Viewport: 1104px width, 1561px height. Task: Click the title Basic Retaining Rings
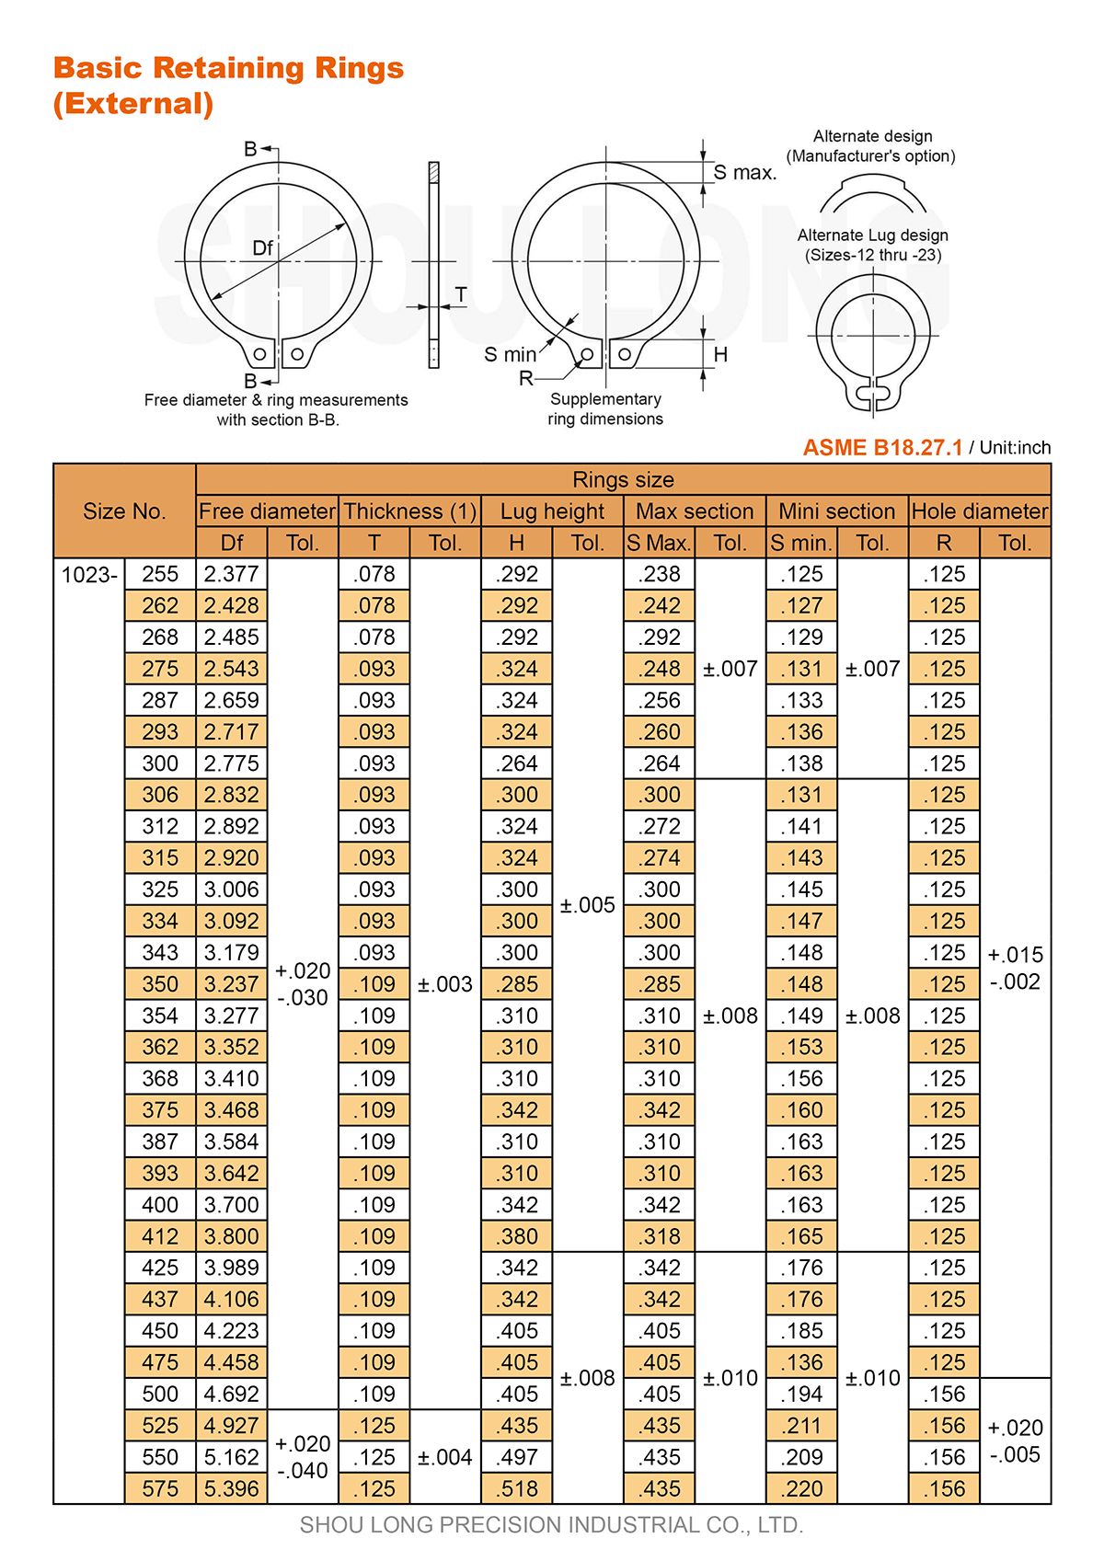[228, 68]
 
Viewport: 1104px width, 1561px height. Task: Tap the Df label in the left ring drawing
[262, 248]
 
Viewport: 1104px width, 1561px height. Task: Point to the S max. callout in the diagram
[744, 173]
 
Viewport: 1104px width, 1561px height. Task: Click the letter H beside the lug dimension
[720, 355]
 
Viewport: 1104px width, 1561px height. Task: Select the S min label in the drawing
[510, 355]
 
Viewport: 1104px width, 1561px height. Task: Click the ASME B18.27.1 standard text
[882, 448]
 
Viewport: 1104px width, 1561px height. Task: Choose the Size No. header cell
[124, 511]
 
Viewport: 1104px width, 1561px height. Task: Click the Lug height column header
[552, 511]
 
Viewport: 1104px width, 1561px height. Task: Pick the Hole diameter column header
[979, 511]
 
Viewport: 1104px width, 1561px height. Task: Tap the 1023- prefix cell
[89, 575]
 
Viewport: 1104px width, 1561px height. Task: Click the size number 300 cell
[160, 763]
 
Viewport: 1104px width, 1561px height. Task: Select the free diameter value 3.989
[232, 1268]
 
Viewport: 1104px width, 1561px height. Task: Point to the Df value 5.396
[232, 1488]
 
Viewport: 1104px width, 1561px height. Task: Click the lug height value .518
[517, 1488]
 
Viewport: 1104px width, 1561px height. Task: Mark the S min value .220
[801, 1488]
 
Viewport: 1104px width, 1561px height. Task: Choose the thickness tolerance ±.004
[444, 1457]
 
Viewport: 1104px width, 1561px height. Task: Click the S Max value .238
[660, 575]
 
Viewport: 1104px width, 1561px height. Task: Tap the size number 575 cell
[160, 1488]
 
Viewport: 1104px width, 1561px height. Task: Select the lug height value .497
[517, 1457]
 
